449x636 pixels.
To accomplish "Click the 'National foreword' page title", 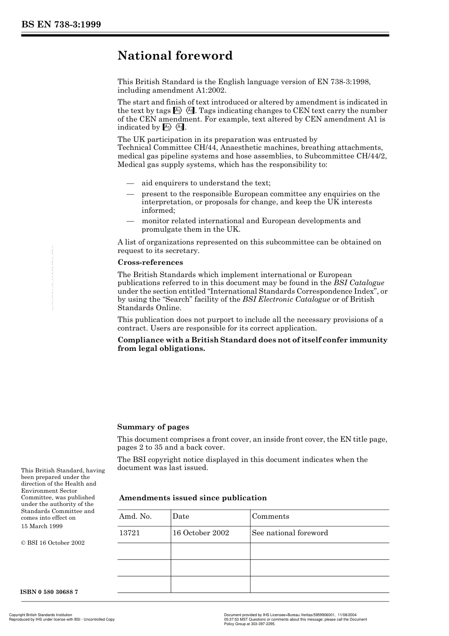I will (x=175, y=56).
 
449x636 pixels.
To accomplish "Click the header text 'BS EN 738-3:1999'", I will (x=61, y=25).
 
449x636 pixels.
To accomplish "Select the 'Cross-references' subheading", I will (x=150, y=262).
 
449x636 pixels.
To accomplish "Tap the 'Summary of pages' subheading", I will (x=153, y=427).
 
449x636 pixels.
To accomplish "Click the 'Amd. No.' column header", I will (x=135, y=516).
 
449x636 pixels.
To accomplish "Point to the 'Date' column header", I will (x=181, y=516).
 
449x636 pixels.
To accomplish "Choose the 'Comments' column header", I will (x=270, y=516).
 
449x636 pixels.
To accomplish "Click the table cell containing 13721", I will (x=130, y=533).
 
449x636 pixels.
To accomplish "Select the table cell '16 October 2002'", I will (x=201, y=533).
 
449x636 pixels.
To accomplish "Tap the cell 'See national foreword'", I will (x=290, y=533).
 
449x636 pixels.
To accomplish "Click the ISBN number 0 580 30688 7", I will (x=50, y=592).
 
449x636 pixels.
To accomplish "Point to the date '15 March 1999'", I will (x=42, y=526).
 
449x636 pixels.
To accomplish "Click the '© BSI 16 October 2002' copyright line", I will (x=52, y=543).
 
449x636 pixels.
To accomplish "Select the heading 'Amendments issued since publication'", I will (x=193, y=498).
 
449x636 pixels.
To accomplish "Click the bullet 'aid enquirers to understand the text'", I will (x=206, y=183).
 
